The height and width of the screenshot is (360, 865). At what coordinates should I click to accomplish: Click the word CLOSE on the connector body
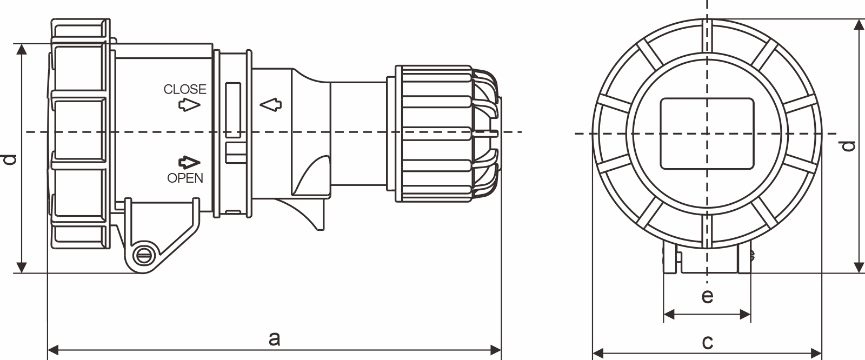tap(185, 89)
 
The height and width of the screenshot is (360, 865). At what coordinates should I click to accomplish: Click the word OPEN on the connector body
tap(185, 178)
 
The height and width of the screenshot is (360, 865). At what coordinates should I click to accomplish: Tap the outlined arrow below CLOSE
tap(189, 105)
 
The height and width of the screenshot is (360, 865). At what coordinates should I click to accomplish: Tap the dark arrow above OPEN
tap(189, 162)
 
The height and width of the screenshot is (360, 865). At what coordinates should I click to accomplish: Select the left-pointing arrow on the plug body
tap(270, 105)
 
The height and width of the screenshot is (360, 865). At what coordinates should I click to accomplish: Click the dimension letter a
tap(275, 338)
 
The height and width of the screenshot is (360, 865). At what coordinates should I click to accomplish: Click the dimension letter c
tap(707, 342)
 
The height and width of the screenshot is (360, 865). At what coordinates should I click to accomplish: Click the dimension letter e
tap(707, 296)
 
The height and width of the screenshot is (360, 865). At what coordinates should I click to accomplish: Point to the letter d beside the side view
tap(9, 159)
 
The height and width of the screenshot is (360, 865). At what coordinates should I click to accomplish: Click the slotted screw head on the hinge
tap(143, 255)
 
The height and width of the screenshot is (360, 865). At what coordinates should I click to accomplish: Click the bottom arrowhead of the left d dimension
tap(22, 267)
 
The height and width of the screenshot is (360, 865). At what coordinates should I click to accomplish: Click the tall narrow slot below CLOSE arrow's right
tap(233, 110)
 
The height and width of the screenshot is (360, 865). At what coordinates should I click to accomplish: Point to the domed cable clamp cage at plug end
tap(485, 132)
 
